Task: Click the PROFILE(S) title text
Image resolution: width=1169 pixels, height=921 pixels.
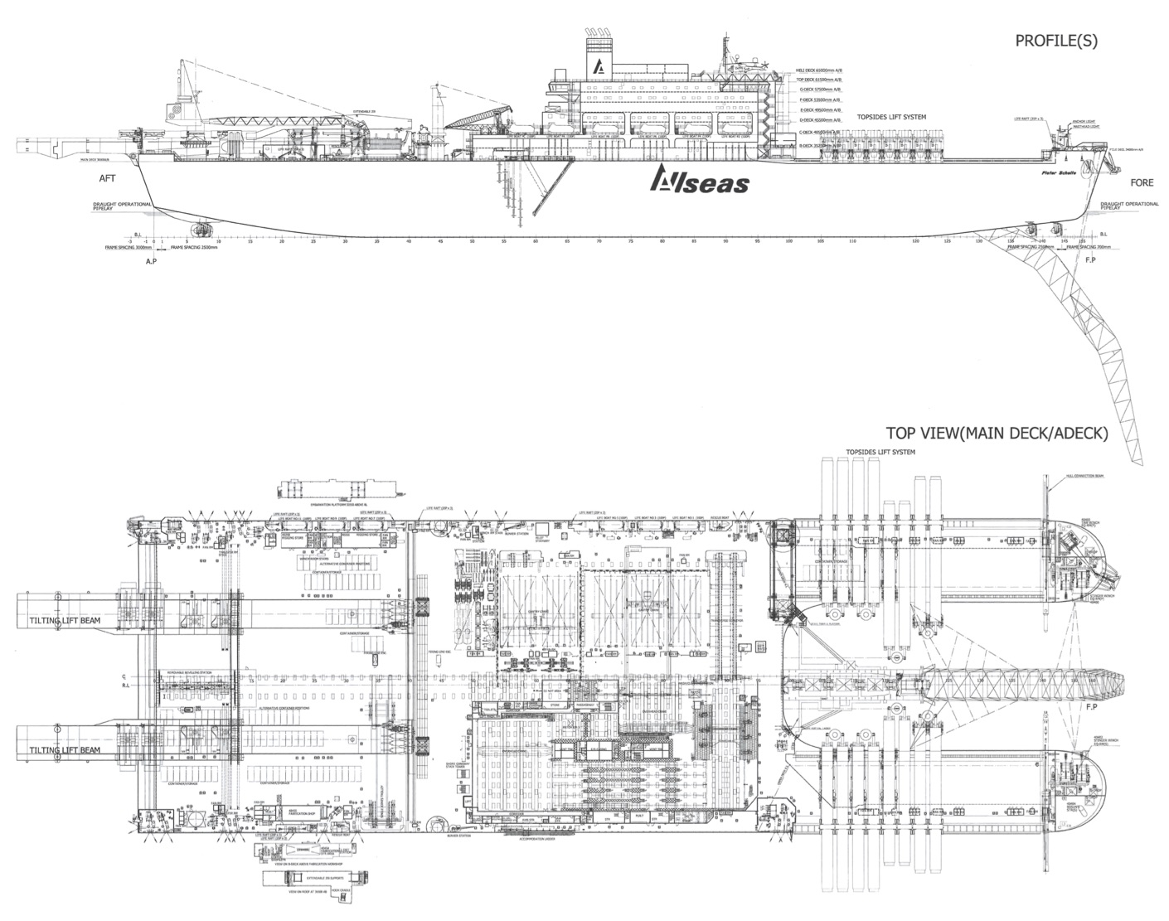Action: tap(1056, 41)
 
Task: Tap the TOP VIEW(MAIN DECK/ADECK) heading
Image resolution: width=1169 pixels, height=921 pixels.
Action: tap(997, 432)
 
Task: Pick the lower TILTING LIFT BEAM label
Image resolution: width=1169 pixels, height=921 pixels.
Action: tap(65, 749)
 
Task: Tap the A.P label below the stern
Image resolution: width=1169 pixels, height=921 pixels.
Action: tap(151, 260)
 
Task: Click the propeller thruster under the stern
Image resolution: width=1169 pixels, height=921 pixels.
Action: tap(201, 228)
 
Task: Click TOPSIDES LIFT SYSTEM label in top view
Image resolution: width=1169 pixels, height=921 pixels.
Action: tap(880, 453)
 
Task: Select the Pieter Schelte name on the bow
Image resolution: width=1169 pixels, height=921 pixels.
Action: tap(1058, 173)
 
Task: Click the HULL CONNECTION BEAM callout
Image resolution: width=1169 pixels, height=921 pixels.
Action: tap(1082, 477)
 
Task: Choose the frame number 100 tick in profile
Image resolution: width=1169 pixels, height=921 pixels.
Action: tap(788, 241)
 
